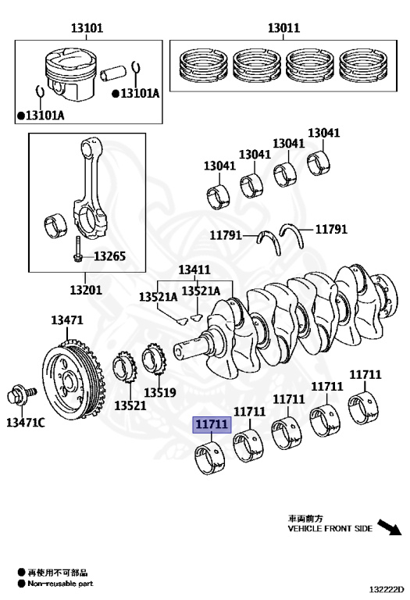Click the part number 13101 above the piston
coord(87,28)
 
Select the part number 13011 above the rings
coord(283,27)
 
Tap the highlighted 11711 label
coord(212,424)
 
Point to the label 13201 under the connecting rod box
coord(86,290)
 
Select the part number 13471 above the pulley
coord(67,320)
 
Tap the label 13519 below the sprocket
coord(160,392)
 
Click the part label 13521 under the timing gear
coord(130,405)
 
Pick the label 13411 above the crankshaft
coord(194,270)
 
